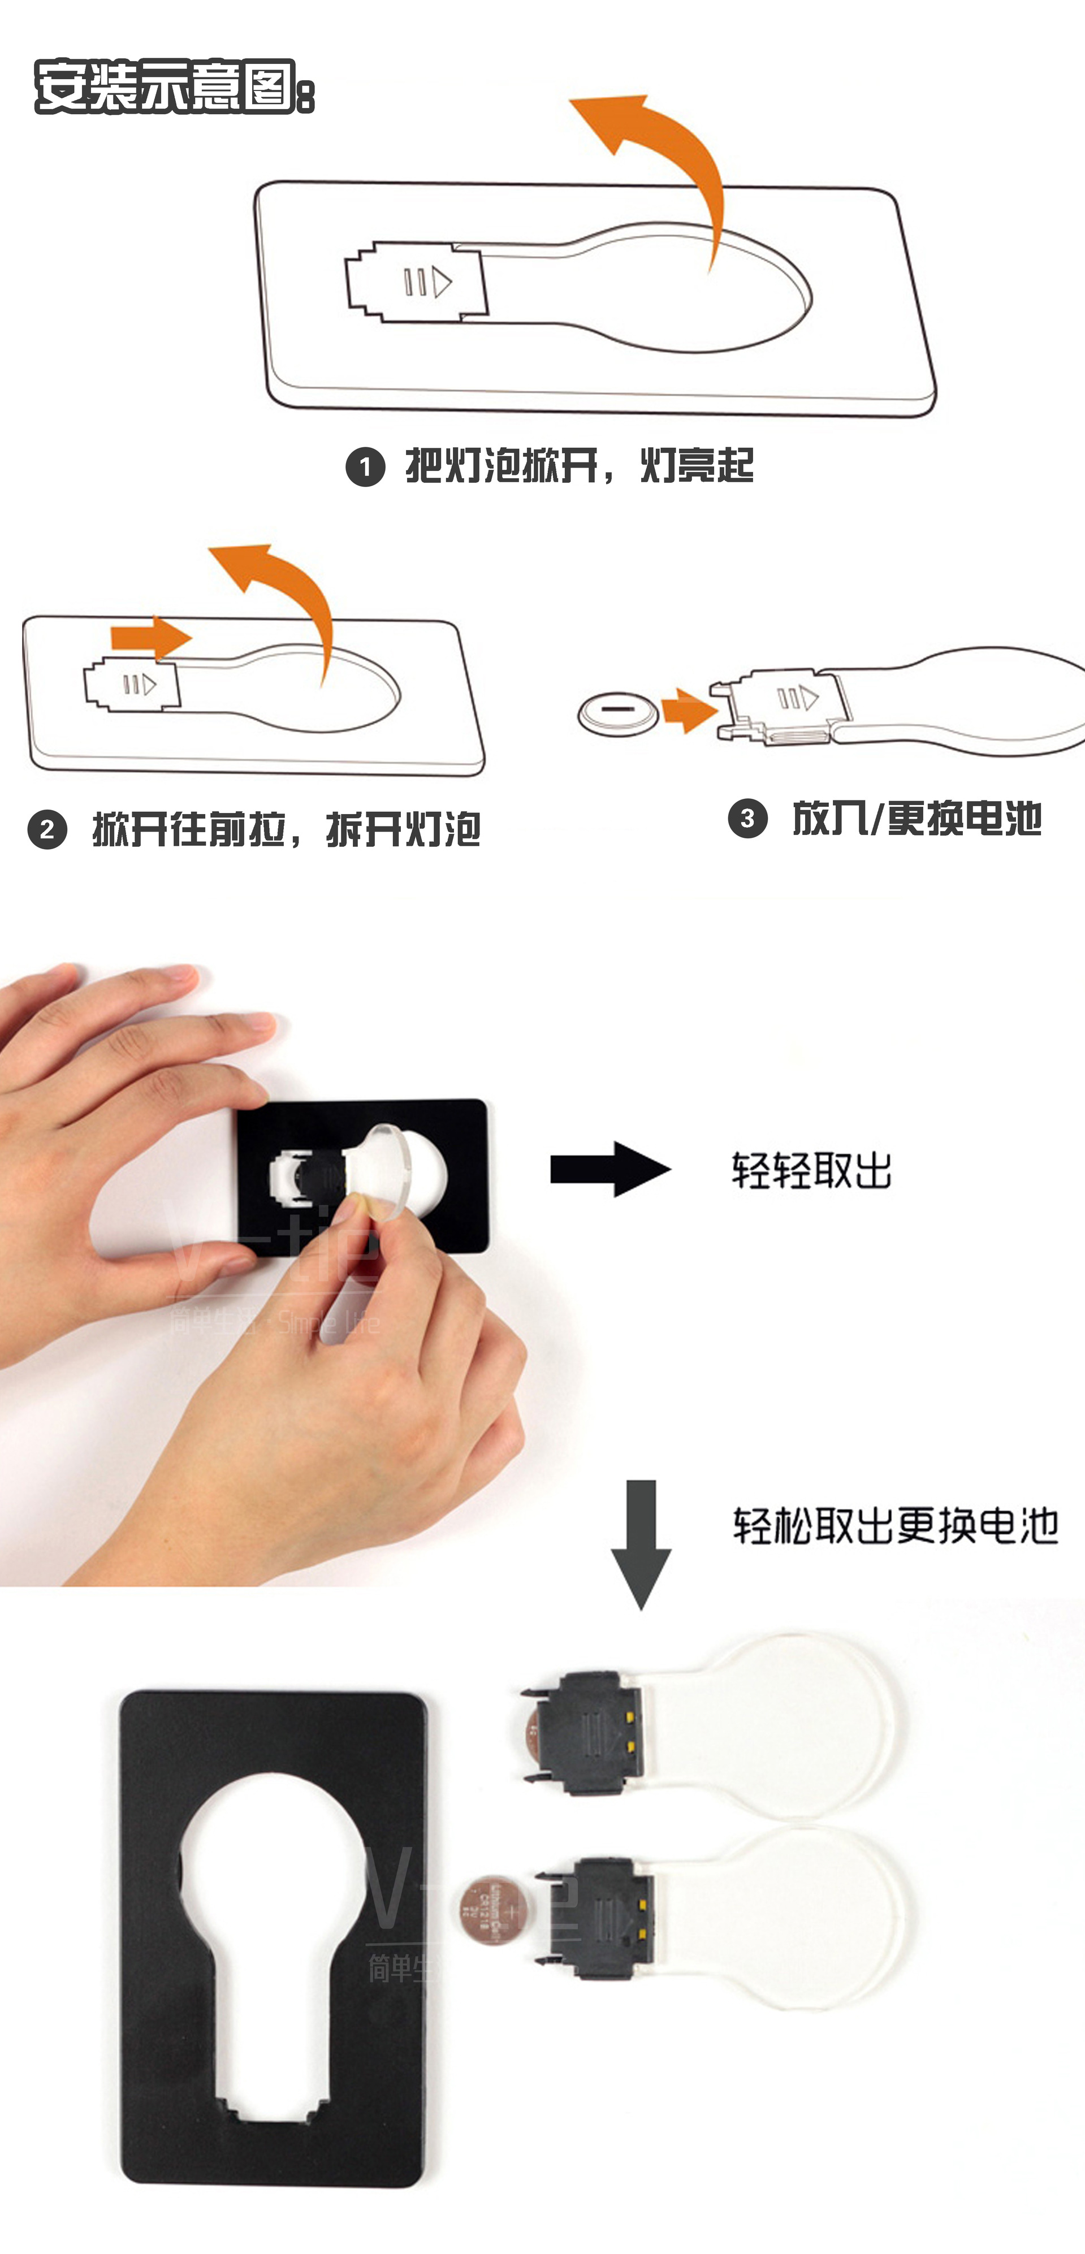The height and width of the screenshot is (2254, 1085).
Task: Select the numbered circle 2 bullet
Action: coord(47,829)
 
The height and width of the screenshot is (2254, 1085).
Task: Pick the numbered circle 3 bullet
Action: coord(747,818)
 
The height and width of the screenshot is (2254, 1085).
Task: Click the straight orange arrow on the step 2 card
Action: coord(150,637)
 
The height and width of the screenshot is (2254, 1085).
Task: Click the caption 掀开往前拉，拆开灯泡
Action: coord(286,829)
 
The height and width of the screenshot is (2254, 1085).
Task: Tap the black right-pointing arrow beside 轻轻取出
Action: coord(610,1169)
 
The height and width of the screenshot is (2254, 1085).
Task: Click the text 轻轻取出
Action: coord(811,1170)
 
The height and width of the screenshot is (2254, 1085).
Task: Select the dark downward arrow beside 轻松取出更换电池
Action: coord(641,1545)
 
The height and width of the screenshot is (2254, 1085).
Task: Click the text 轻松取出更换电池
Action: coord(895,1526)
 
